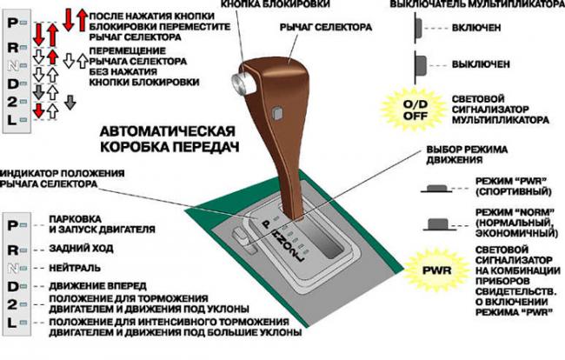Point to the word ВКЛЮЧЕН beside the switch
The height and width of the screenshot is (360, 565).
pos(479,28)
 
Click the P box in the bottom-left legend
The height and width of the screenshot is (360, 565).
pos(13,223)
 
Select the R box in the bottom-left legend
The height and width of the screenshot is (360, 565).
pos(13,249)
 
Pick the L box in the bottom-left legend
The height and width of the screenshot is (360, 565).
pos(13,323)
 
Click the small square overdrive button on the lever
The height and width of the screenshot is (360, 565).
pos(276,112)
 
